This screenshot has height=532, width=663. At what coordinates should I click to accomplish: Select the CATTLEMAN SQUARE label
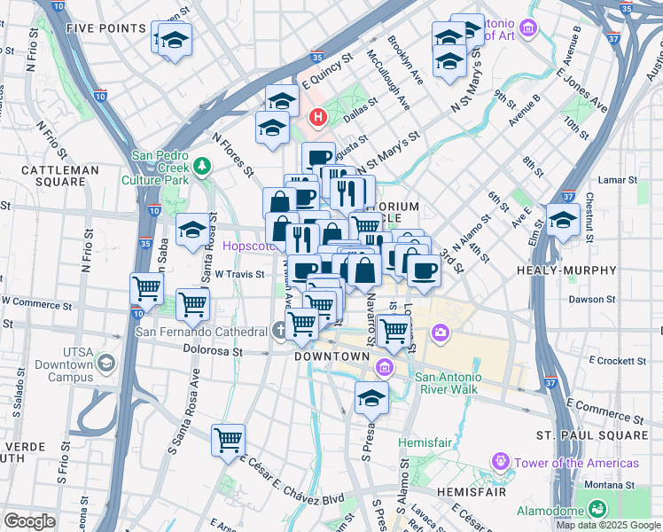[59, 176]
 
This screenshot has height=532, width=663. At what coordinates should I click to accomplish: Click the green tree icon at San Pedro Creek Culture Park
[203, 165]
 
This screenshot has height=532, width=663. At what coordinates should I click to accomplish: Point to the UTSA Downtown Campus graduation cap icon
[106, 363]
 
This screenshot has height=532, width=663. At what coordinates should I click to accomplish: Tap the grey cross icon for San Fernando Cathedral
[280, 332]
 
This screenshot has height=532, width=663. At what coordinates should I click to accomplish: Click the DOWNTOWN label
[332, 356]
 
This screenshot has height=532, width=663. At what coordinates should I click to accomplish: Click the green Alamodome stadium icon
[597, 510]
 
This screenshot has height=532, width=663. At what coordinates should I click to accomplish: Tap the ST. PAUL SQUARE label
[592, 435]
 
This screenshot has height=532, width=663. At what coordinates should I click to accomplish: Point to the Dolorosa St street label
[212, 351]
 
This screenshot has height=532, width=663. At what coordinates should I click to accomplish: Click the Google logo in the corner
[29, 521]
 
